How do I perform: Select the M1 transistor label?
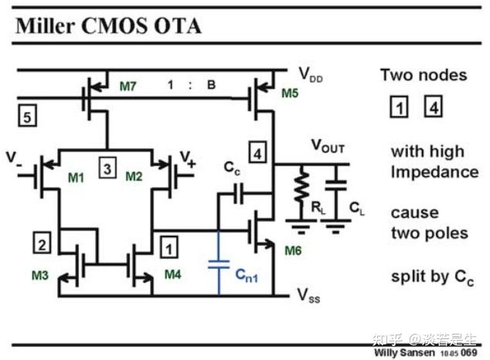coord(76,178)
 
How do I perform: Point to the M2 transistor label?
coord(133,178)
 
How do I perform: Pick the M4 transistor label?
coord(173,274)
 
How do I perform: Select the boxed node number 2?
coord(42,244)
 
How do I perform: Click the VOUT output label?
coord(328,145)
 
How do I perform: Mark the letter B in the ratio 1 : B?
coord(211,85)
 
